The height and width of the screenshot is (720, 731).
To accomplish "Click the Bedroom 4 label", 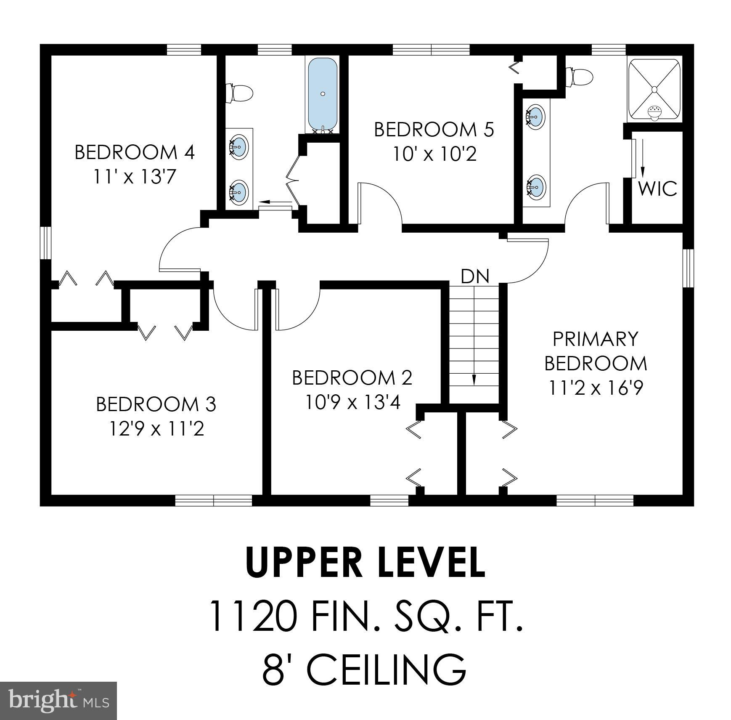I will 135,152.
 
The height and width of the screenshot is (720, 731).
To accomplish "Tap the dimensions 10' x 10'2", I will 434,154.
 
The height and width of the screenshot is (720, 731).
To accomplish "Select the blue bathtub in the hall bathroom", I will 323,95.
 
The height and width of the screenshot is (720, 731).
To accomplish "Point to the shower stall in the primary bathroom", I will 654,90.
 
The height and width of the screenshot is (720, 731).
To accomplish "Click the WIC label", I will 657,189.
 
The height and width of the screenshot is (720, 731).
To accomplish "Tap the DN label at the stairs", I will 475,277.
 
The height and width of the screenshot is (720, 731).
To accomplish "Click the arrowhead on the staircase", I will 474,380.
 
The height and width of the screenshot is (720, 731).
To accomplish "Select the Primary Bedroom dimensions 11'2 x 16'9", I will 596,388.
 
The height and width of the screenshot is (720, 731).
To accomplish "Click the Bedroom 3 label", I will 156,404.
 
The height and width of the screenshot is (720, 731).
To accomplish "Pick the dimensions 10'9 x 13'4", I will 352,403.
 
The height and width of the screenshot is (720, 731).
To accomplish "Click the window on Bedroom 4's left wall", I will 45,243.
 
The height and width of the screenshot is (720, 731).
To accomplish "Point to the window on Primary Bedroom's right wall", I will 688,268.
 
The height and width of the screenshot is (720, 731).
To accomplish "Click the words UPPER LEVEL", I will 365,563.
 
